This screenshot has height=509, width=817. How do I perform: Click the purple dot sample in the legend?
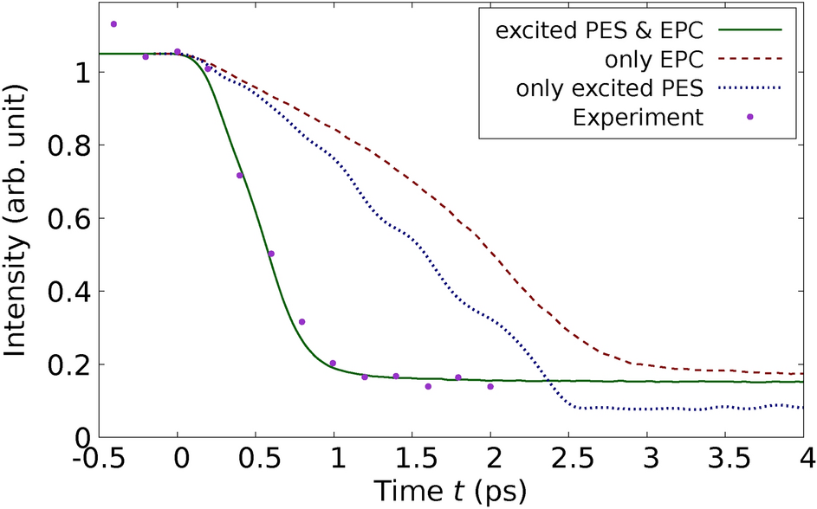click(x=750, y=117)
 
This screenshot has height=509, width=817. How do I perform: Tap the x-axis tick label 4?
click(x=805, y=456)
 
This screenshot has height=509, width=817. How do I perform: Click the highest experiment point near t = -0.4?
click(x=113, y=24)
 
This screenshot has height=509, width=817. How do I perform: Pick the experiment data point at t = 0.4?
click(x=240, y=176)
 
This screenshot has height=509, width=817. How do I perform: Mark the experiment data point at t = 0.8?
click(x=302, y=322)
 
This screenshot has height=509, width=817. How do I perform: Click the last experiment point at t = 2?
click(x=490, y=386)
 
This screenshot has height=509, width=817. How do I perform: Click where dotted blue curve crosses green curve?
click(x=548, y=381)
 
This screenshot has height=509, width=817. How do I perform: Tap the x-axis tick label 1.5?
click(x=413, y=456)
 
